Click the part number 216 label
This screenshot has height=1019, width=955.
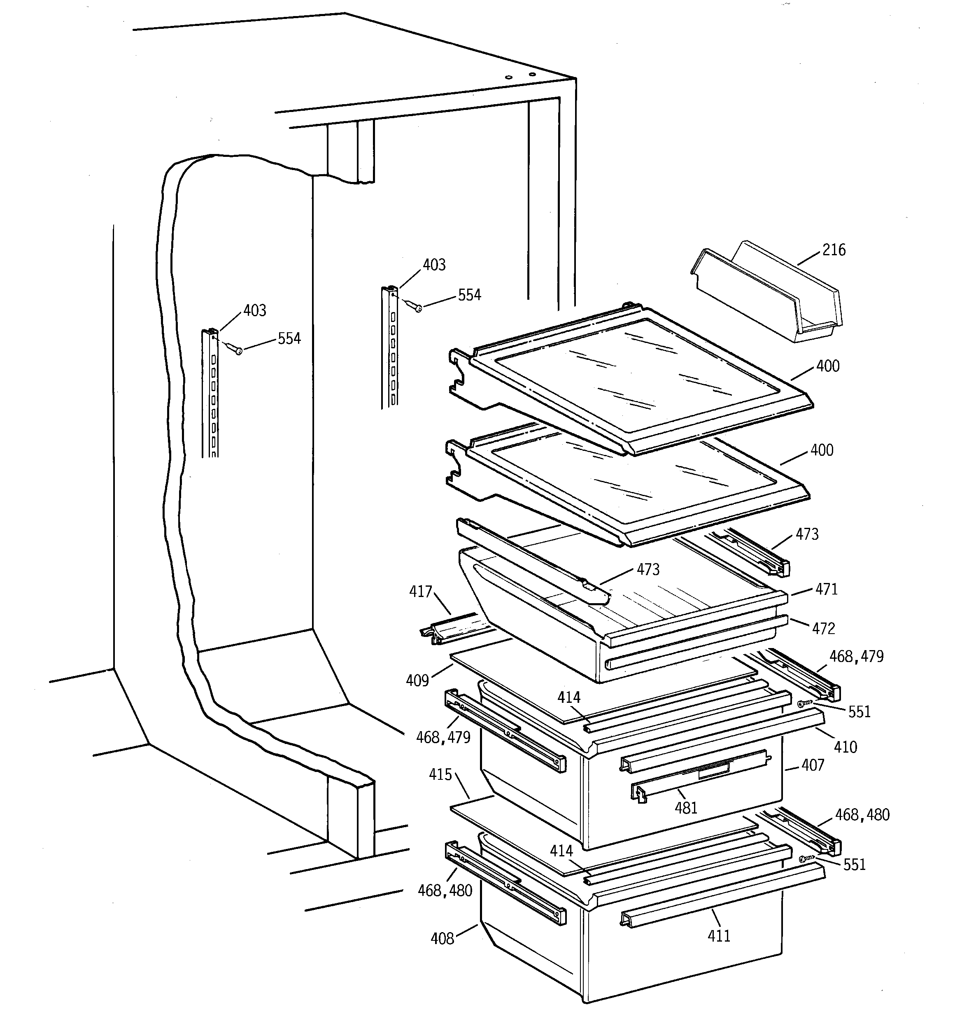point(834,250)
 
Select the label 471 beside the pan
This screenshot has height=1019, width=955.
point(826,590)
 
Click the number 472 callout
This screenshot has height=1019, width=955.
point(823,628)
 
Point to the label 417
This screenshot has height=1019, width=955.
point(420,592)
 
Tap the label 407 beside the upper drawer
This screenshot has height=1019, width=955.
point(813,766)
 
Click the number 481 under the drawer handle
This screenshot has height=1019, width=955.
point(686,808)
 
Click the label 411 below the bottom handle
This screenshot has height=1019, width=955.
point(719,937)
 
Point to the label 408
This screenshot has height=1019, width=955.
point(442,939)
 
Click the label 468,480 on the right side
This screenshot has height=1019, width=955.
point(862,815)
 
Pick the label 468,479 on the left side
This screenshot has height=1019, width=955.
point(443,738)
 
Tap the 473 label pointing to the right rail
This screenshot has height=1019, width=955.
point(807,535)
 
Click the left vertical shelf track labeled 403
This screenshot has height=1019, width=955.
point(210,395)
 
